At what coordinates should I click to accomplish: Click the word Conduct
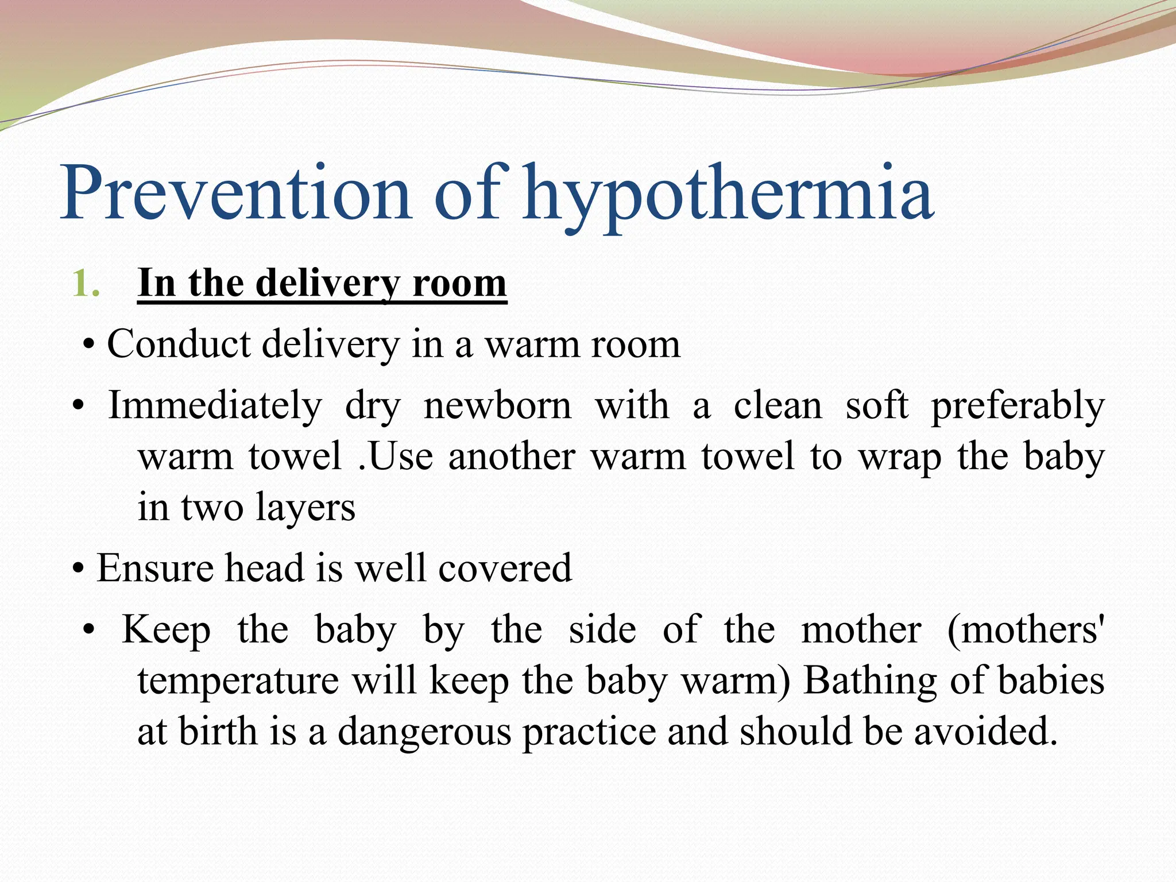pyautogui.click(x=179, y=345)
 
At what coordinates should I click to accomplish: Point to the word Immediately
pyautogui.click(x=215, y=405)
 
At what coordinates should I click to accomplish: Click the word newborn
pyautogui.click(x=497, y=405)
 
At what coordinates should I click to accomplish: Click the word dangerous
pyautogui.click(x=424, y=732)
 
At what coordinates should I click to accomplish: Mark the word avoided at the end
pyautogui.click(x=985, y=732)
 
